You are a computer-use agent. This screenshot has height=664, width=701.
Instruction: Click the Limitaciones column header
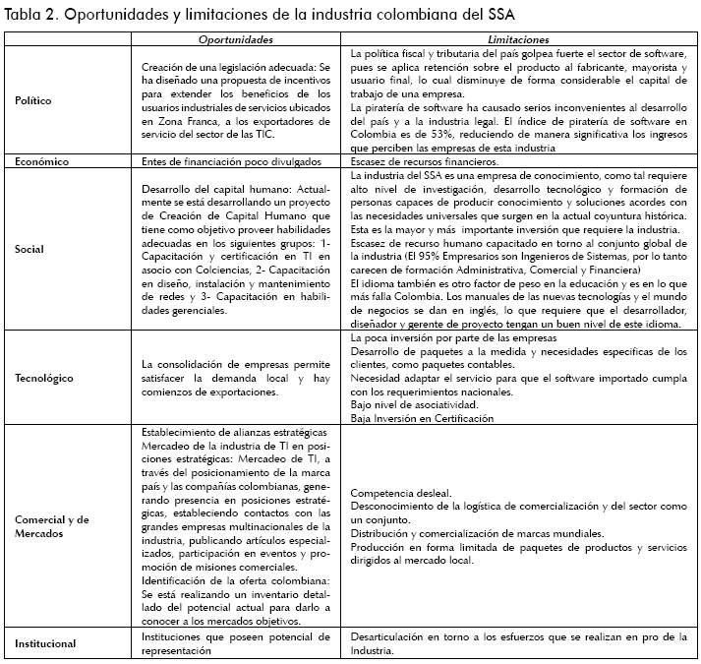click(x=518, y=38)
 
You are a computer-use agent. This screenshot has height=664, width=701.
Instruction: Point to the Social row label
click(x=30, y=249)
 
